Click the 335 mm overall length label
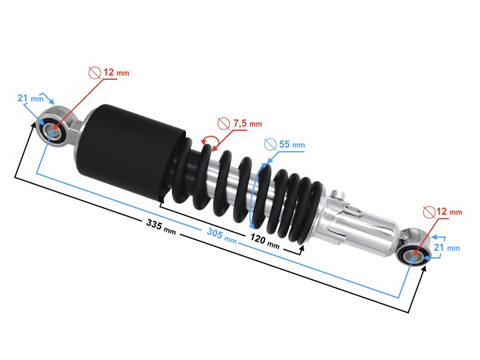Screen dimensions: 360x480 tap(161, 226)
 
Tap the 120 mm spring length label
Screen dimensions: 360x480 tap(265, 242)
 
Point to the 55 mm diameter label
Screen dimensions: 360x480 tap(291, 145)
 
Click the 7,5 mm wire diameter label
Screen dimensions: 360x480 tap(247, 124)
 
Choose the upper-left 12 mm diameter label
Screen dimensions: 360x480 tap(116, 73)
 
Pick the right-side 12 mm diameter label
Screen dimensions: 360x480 tap(449, 212)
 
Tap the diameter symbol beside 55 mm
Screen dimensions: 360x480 tap(269, 145)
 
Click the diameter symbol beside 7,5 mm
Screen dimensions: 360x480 tap(223, 124)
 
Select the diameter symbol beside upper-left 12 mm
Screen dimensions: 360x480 tap(94, 73)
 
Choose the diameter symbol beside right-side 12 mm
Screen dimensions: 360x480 tap(429, 212)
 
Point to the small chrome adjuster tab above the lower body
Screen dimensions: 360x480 tap(339, 195)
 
